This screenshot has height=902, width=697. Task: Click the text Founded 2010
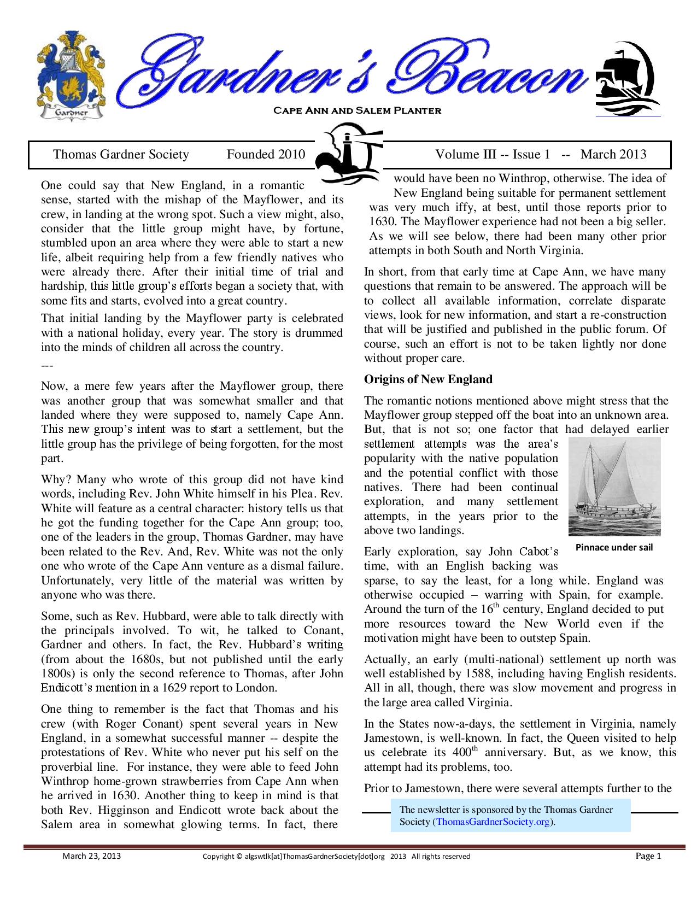pyautogui.click(x=266, y=155)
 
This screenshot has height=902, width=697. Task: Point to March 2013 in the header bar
pyautogui.click(x=613, y=155)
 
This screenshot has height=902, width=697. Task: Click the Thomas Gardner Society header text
pyautogui.click(x=121, y=155)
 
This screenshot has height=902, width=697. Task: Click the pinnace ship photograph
pyautogui.click(x=614, y=487)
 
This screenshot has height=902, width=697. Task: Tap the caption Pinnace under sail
pyautogui.click(x=614, y=547)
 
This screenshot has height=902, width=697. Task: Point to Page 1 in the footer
pyautogui.click(x=648, y=856)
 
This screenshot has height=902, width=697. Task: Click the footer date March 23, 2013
pyautogui.click(x=91, y=856)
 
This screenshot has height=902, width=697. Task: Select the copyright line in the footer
pyautogui.click(x=336, y=857)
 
